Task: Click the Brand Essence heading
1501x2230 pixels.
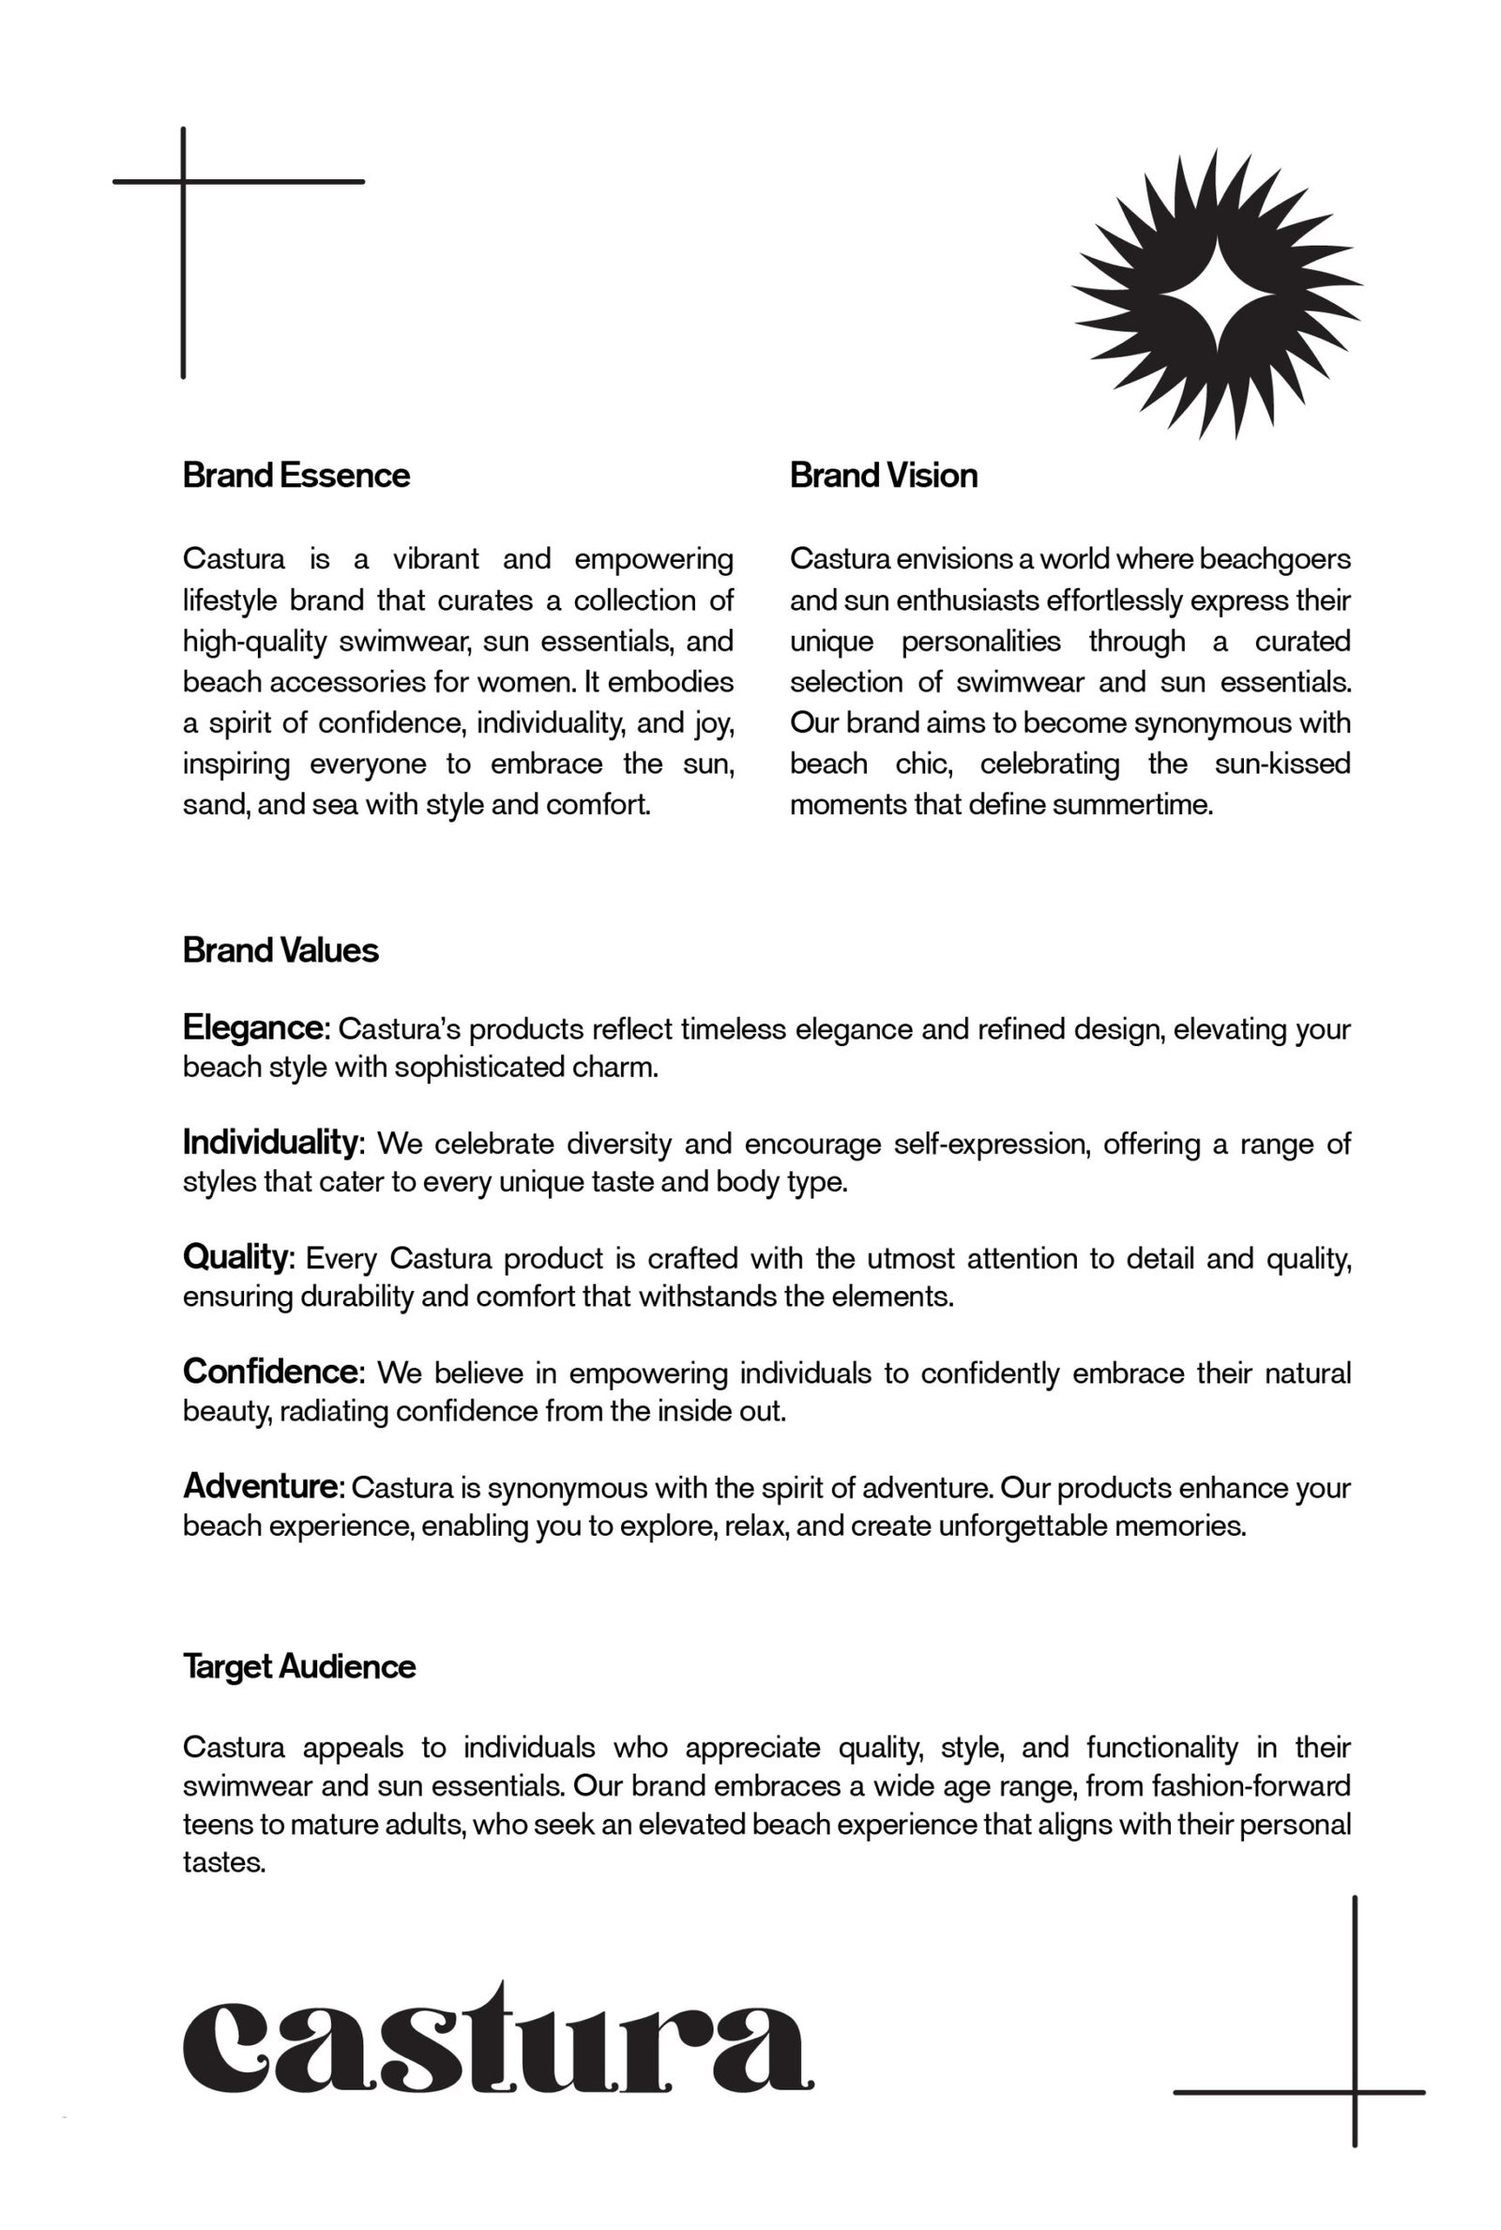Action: coord(296,475)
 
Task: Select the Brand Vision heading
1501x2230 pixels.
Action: coord(883,475)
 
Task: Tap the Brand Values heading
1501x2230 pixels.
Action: coord(280,949)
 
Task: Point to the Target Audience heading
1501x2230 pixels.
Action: coord(298,1666)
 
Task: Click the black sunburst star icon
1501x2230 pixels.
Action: coord(1217,294)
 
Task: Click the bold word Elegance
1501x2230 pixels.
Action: coord(254,1028)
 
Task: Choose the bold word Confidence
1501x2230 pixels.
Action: coord(271,1372)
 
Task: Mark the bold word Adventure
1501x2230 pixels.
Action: coord(261,1486)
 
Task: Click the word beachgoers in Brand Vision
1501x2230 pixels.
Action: coord(1274,558)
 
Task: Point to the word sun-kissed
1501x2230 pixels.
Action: coord(1281,764)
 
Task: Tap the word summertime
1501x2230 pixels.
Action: coord(1131,805)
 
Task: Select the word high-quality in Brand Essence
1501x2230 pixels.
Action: coord(254,642)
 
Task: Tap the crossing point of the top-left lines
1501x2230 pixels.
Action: coord(183,181)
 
